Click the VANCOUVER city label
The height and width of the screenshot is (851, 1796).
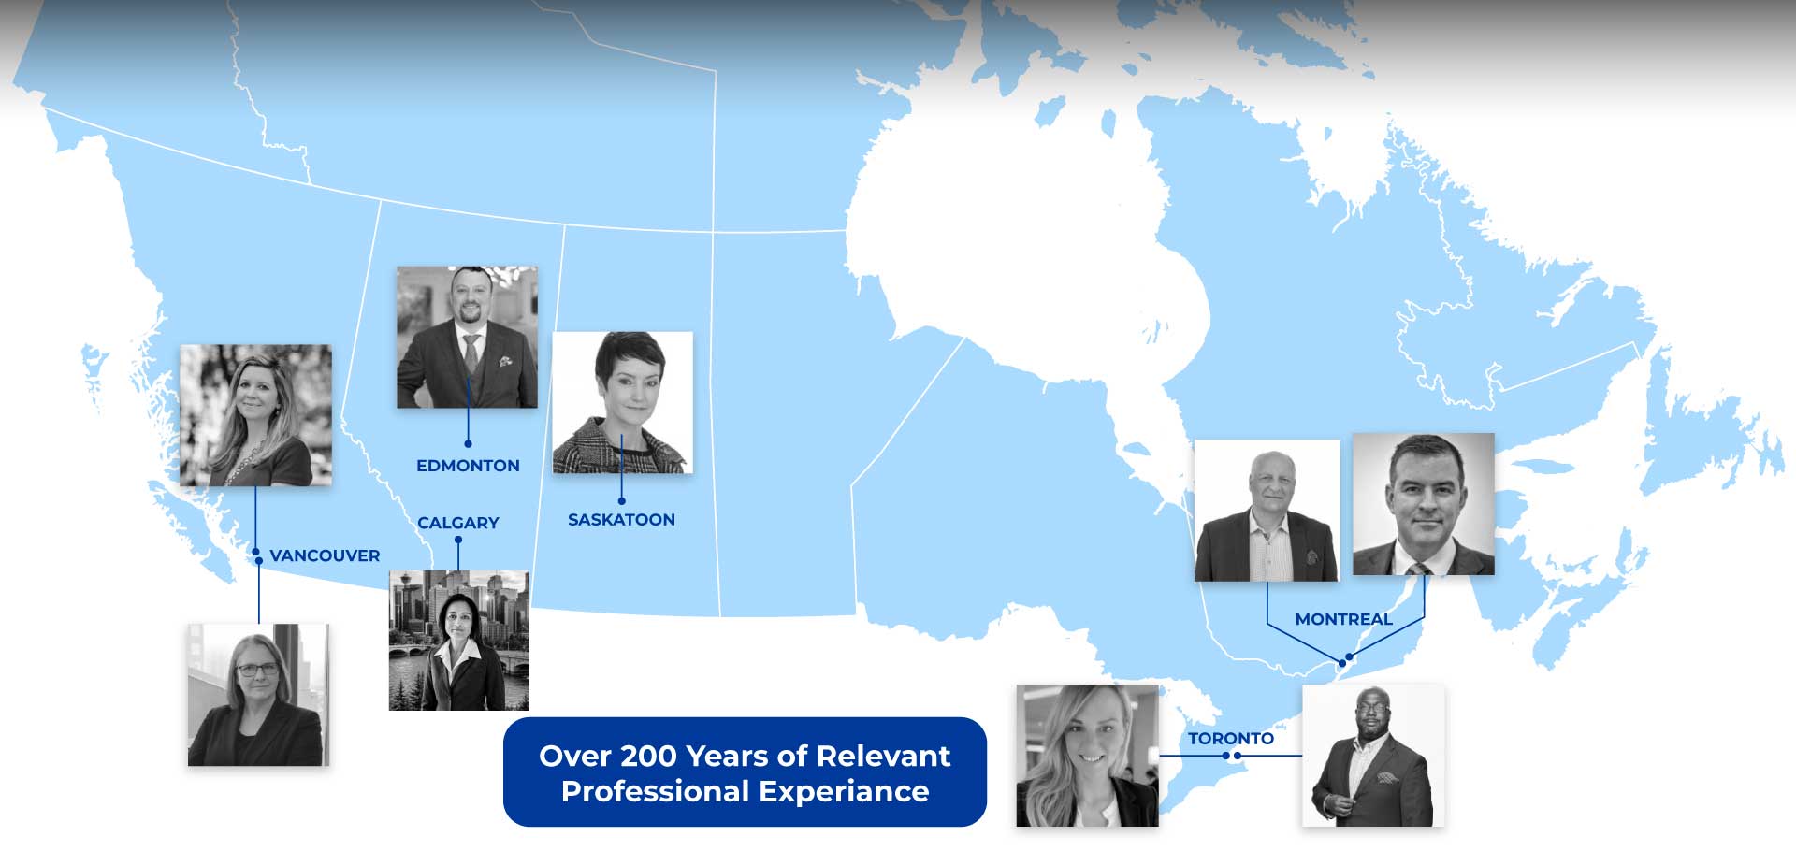click(x=325, y=555)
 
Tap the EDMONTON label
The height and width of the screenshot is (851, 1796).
click(x=468, y=466)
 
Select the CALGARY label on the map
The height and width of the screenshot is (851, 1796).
click(x=458, y=523)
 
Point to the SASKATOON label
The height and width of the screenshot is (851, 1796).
click(x=621, y=520)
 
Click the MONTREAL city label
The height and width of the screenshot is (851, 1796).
click(x=1343, y=619)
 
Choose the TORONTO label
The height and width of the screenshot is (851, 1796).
click(x=1231, y=739)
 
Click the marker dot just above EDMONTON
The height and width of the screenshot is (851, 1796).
click(x=468, y=443)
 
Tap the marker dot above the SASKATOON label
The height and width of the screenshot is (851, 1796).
click(x=621, y=500)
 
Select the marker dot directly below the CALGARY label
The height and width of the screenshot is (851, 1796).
click(x=458, y=540)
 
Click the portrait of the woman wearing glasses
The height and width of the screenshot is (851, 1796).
click(x=258, y=695)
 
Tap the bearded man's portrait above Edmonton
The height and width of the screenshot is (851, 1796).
click(x=467, y=337)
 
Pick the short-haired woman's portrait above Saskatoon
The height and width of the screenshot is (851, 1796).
click(x=623, y=402)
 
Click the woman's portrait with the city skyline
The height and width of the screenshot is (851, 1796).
click(x=459, y=641)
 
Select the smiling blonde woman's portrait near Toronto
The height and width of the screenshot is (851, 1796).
click(x=1087, y=756)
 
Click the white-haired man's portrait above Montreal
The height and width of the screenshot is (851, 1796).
click(x=1267, y=511)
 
